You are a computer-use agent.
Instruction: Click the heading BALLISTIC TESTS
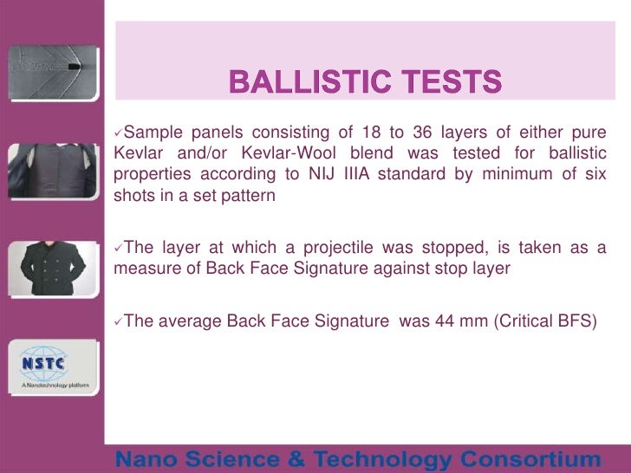pyautogui.click(x=365, y=83)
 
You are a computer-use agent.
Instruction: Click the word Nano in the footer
pyautogui.click(x=149, y=458)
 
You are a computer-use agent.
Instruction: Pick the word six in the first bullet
pyautogui.click(x=594, y=174)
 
